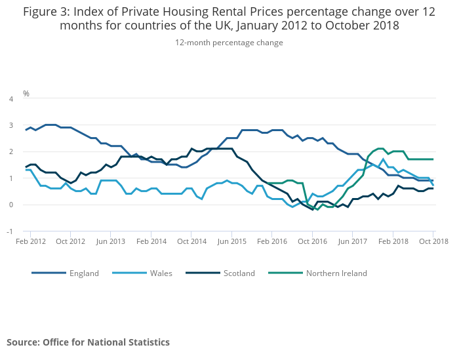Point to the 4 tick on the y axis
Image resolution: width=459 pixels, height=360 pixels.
10,99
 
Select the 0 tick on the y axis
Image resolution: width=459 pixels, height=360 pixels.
10,205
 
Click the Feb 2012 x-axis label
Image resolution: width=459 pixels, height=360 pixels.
31,241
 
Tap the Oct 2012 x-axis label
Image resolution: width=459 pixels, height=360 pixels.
71,241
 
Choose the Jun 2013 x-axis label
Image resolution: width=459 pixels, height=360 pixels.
111,241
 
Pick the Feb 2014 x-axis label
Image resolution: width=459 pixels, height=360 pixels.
151,241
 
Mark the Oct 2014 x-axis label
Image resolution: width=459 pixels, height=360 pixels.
192,241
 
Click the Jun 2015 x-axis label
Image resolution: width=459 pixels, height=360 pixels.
232,241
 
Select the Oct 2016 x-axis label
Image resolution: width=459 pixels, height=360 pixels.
313,241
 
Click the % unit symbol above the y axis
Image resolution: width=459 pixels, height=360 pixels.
26,94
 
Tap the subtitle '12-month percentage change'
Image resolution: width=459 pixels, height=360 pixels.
229,43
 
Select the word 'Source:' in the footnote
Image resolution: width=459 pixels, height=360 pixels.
23,342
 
